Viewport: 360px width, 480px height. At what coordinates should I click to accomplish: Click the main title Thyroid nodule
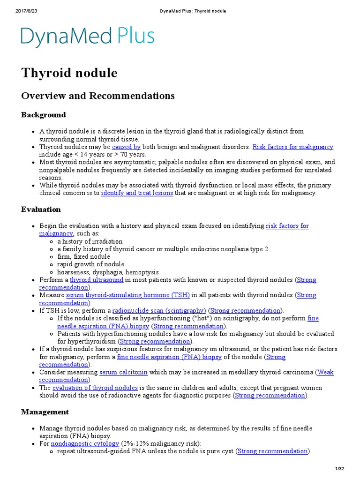tap(69, 73)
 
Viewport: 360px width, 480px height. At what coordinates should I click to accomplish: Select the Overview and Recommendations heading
tap(98, 96)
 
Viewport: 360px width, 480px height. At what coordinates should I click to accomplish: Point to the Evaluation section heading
tap(41, 210)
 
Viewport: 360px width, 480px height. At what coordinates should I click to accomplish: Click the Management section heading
tap(45, 412)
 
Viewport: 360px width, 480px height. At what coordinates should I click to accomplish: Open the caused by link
tap(126, 147)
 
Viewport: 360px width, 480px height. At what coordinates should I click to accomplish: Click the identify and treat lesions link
tap(137, 193)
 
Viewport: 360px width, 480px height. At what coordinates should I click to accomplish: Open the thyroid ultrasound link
tap(97, 280)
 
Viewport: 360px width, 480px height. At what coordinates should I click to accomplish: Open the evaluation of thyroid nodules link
tap(95, 388)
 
